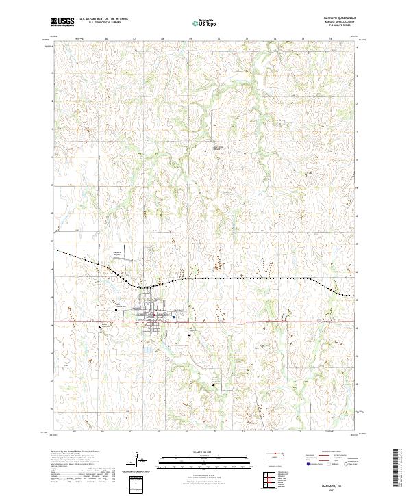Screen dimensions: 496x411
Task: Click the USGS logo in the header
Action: point(62,22)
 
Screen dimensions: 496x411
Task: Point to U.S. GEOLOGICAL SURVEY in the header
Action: point(99,23)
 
